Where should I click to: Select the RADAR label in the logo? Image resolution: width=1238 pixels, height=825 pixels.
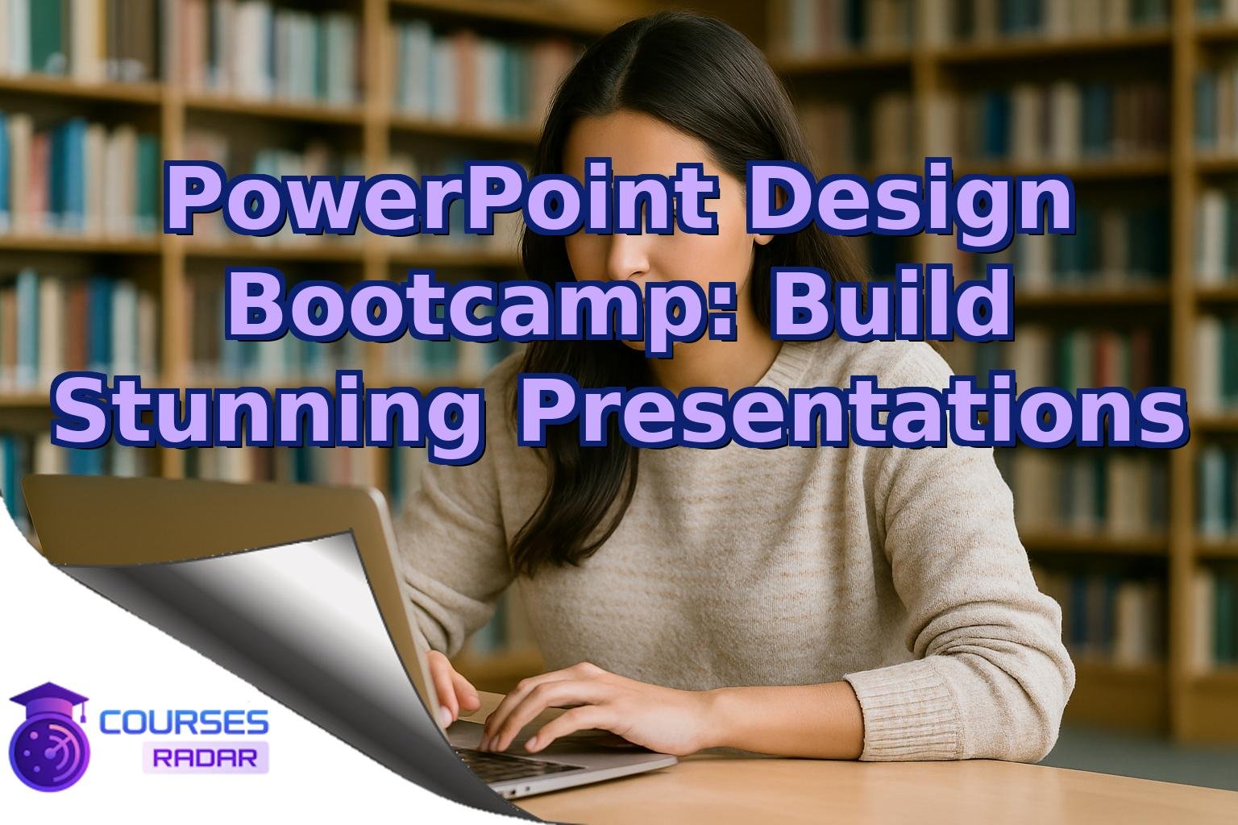tap(205, 757)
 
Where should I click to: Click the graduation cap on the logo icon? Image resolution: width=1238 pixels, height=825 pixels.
tap(49, 698)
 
